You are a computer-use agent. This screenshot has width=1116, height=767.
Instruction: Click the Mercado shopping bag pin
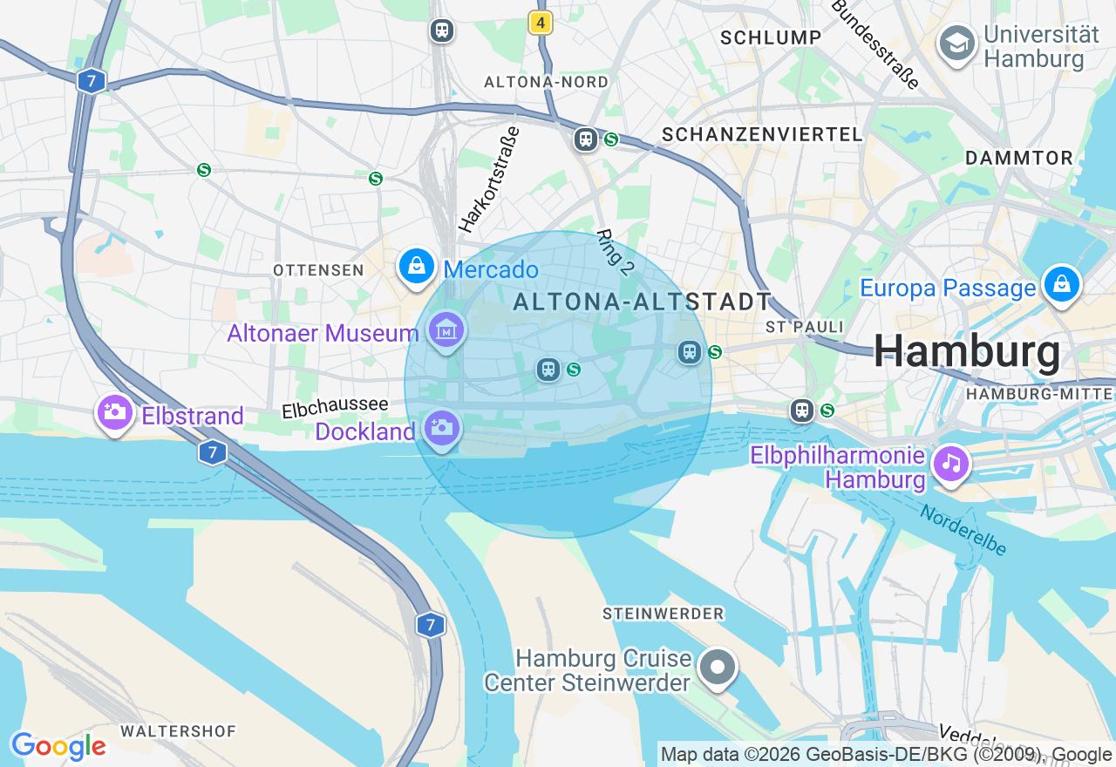pyautogui.click(x=417, y=267)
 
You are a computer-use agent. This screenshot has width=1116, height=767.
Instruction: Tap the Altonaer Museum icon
pyautogui.click(x=446, y=331)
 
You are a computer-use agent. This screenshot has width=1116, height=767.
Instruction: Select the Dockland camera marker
pyautogui.click(x=441, y=428)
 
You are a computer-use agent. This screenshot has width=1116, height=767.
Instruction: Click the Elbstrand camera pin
pyautogui.click(x=114, y=413)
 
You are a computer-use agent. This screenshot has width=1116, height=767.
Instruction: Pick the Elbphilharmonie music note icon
pyautogui.click(x=950, y=463)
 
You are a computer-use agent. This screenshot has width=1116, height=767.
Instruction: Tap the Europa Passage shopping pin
pyautogui.click(x=1061, y=284)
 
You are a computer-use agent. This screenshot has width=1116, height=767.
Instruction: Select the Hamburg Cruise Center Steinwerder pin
pyautogui.click(x=718, y=669)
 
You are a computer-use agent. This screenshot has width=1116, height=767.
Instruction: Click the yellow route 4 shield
pyautogui.click(x=541, y=24)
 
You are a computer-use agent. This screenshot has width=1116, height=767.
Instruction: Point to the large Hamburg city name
pyautogui.click(x=967, y=352)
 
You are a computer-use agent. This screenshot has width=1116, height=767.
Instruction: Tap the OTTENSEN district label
pyautogui.click(x=318, y=270)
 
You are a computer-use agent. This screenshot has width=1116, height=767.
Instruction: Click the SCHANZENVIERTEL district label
pyautogui.click(x=762, y=134)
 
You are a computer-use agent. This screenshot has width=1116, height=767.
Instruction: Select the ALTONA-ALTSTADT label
pyautogui.click(x=643, y=302)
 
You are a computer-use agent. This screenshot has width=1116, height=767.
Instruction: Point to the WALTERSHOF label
pyautogui.click(x=178, y=730)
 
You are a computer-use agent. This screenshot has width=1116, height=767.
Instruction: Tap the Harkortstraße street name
pyautogui.click(x=489, y=180)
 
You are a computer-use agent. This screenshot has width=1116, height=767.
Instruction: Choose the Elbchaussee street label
pyautogui.click(x=335, y=407)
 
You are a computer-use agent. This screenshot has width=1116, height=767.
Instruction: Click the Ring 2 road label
pyautogui.click(x=615, y=253)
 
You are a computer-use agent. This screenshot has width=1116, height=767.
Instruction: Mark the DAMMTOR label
pyautogui.click(x=1019, y=158)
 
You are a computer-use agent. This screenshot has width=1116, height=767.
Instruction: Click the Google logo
pyautogui.click(x=58, y=747)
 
